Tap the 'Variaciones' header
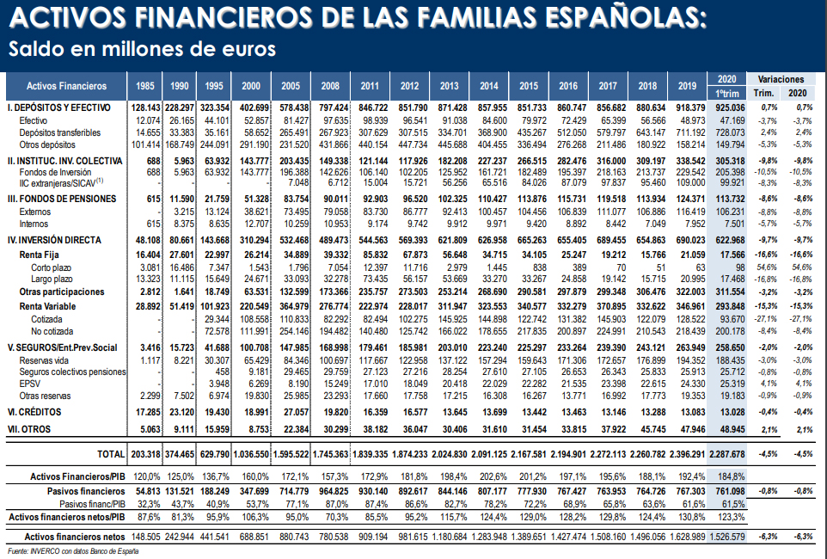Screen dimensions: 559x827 tap(780, 78)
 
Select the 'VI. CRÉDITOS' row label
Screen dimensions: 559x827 tap(34, 412)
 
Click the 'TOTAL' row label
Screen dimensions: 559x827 tap(109, 452)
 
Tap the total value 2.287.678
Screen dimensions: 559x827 tap(726, 452)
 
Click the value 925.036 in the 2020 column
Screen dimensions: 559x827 tap(726, 107)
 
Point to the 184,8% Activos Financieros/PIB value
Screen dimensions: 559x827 tap(726, 475)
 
